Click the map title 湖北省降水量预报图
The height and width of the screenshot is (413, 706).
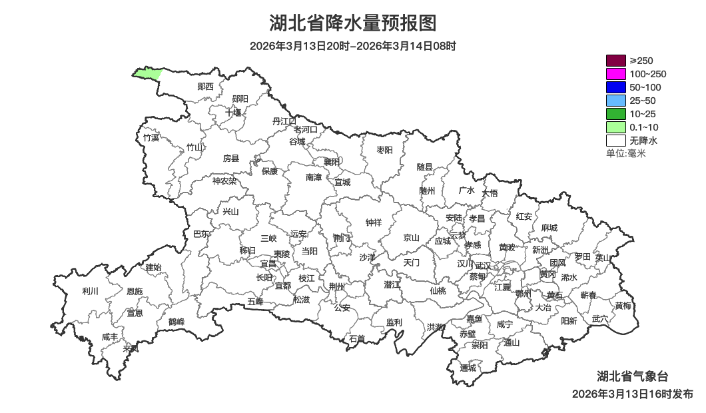[x=353, y=23]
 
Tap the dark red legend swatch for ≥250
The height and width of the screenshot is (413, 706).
[x=615, y=61]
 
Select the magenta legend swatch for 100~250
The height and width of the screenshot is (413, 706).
[x=615, y=74]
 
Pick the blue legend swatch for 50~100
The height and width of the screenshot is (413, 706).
[x=615, y=87]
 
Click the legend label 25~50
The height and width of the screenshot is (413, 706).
[x=643, y=101]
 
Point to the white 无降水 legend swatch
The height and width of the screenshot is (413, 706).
[x=615, y=141]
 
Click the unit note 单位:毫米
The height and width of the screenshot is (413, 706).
[x=625, y=154]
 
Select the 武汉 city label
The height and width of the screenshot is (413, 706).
[x=482, y=266]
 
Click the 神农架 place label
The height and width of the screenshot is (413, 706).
[x=224, y=181]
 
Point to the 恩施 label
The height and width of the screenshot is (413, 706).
[x=134, y=292]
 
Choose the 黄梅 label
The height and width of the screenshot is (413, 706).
[x=623, y=306]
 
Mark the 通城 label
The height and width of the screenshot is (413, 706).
[x=468, y=368]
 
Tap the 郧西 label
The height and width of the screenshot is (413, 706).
[x=206, y=87]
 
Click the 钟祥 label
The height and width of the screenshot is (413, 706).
[x=374, y=222]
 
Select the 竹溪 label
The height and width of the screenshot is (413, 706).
[x=151, y=138]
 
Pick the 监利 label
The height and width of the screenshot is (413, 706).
[x=394, y=322]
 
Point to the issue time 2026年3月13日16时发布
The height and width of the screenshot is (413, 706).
[x=632, y=394]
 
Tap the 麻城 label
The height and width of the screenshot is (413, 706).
[x=549, y=228]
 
